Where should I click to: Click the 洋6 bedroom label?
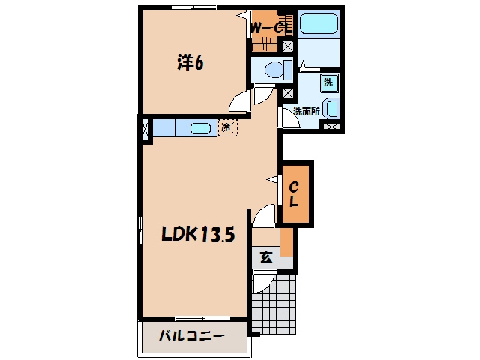[190, 63]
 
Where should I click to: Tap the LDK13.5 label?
[198, 235]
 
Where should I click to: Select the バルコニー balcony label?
[192, 336]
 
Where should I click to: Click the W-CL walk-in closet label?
[270, 28]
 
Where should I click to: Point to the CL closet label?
[294, 194]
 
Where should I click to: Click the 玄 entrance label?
[266, 257]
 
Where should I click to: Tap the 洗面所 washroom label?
[307, 112]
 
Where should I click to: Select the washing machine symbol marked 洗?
[329, 82]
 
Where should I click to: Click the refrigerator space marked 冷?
[227, 127]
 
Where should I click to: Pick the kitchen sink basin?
[200, 128]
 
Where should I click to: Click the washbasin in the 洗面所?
[331, 109]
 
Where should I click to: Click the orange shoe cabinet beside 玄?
[286, 241]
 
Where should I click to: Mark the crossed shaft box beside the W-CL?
[287, 46]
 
